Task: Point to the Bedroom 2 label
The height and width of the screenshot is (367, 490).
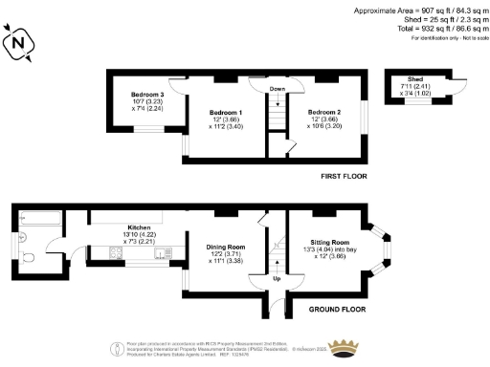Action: pos(323,113)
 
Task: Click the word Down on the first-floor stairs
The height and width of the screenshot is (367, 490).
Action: pos(277,89)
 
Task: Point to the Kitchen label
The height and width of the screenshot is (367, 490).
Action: pos(127,227)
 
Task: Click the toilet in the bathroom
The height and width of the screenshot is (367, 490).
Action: pos(28,256)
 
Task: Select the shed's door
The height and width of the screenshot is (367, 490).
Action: pos(457,83)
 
